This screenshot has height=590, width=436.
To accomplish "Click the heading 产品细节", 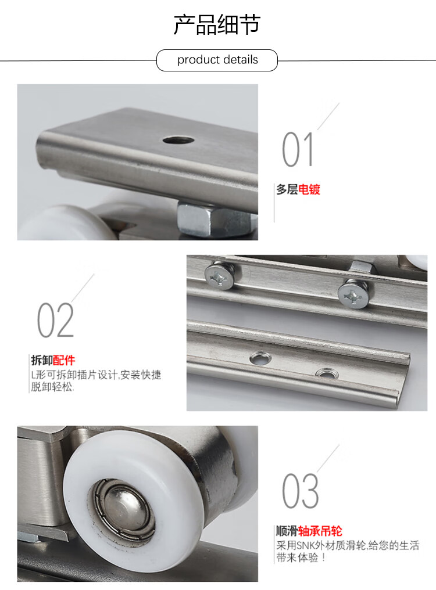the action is click(217, 24).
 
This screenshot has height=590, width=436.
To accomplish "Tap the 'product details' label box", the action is click(217, 60).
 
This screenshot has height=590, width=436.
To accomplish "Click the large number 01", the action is click(298, 149).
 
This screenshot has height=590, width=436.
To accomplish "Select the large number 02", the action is click(55, 320).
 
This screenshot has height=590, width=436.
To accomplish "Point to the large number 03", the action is click(301, 491).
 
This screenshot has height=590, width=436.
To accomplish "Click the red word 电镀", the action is click(309, 189).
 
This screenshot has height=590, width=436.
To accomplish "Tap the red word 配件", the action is click(64, 361).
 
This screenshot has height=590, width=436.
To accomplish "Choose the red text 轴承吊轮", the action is click(320, 531).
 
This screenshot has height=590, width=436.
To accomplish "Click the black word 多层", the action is click(287, 189).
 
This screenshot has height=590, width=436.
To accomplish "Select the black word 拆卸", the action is click(42, 361).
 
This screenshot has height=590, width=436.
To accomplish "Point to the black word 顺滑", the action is click(287, 531).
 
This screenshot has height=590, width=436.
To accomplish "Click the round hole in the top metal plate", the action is click(178, 141).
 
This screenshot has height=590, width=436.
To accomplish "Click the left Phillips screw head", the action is click(219, 276).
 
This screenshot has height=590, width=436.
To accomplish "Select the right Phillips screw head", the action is click(353, 295).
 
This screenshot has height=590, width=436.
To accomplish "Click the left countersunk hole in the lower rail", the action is click(260, 358).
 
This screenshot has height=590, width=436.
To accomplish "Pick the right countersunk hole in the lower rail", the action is click(326, 373).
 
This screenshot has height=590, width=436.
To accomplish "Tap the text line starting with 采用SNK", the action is click(348, 545).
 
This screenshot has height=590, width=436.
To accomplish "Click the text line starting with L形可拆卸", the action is click(96, 375).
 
